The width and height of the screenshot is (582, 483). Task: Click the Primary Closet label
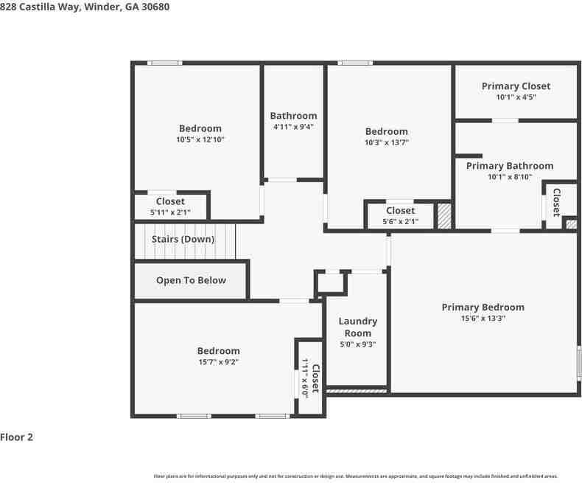[516, 86]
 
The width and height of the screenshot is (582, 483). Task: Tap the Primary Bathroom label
[509, 166]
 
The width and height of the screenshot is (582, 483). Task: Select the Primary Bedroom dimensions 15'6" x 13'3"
[483, 319]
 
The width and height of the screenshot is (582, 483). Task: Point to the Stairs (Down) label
[183, 239]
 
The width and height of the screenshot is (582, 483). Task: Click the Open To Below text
[191, 280]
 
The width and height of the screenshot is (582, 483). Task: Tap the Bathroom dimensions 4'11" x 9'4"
[293, 127]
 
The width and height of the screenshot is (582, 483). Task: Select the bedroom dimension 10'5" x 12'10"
[200, 139]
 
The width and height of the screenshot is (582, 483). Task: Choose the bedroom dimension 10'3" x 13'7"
[386, 142]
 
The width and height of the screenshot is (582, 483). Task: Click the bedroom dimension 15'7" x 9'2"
[217, 362]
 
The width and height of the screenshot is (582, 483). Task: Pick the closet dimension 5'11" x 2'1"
[170, 212]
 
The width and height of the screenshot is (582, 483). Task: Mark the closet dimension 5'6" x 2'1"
[400, 221]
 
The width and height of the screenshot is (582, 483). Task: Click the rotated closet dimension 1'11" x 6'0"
[304, 378]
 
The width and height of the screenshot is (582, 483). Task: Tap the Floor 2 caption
[17, 437]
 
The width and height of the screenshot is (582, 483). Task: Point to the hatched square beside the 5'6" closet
[444, 216]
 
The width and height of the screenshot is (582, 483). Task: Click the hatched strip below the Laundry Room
[357, 390]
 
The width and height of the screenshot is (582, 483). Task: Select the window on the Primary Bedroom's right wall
[578, 365]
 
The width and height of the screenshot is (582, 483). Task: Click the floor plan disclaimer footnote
[355, 476]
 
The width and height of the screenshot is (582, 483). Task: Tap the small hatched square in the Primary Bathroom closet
[570, 222]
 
